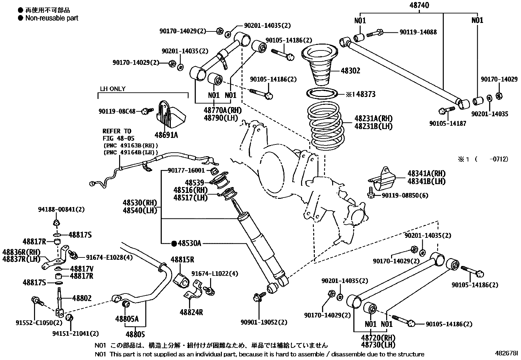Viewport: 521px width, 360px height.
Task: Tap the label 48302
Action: pyautogui.click(x=350, y=71)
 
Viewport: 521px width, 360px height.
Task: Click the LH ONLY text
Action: pyautogui.click(x=113, y=89)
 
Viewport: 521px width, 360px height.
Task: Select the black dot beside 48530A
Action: pyautogui.click(x=174, y=243)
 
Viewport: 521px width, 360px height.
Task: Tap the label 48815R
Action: pyautogui.click(x=182, y=260)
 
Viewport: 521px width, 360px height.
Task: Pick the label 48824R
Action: pyautogui.click(x=191, y=312)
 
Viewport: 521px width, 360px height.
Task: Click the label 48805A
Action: pyautogui.click(x=127, y=319)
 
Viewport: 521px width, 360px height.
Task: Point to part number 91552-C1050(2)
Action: pyautogui.click(x=39, y=323)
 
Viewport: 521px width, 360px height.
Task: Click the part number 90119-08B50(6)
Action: pyautogui.click(x=405, y=196)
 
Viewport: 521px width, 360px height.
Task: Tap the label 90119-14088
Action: pyautogui.click(x=418, y=32)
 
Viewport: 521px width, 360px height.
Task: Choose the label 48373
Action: pyautogui.click(x=366, y=94)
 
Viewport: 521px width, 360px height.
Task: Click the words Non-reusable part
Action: pyautogui.click(x=52, y=18)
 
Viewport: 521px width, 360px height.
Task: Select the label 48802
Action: pyautogui.click(x=82, y=298)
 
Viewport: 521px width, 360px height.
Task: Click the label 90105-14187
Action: pyautogui.click(x=447, y=123)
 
